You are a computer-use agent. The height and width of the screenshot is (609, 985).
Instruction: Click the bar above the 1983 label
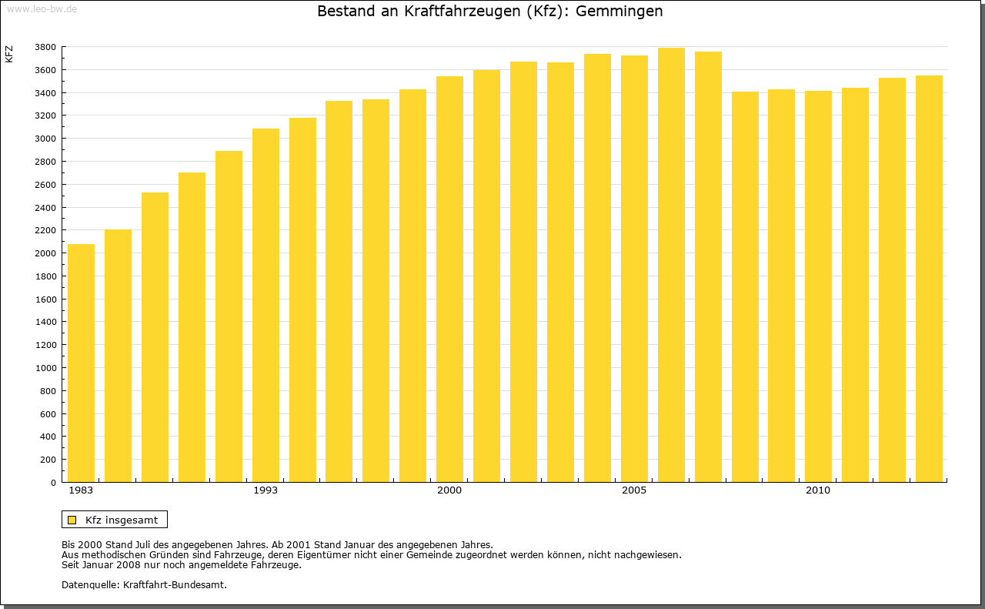[x=81, y=363]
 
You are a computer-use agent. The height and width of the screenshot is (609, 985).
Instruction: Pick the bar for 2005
[x=634, y=269]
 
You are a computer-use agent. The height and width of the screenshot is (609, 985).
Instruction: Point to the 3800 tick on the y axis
[x=45, y=47]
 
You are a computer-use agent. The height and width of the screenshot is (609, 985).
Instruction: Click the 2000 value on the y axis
[x=45, y=253]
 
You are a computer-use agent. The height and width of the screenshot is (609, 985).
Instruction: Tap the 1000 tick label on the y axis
[x=45, y=368]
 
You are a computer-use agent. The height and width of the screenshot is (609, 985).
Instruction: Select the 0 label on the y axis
[x=52, y=483]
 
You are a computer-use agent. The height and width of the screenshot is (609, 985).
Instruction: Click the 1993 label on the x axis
[x=265, y=490]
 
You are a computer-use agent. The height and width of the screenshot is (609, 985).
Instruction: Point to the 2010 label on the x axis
[x=818, y=490]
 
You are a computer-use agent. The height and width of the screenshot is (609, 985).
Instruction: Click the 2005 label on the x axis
[x=634, y=490]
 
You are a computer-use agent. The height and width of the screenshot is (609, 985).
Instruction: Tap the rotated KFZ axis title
[x=9, y=54]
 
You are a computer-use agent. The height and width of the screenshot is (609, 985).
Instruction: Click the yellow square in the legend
[x=72, y=520]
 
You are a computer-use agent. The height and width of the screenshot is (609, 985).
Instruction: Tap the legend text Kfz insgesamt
[x=122, y=520]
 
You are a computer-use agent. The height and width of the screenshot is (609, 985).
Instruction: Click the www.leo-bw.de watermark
[x=42, y=8]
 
